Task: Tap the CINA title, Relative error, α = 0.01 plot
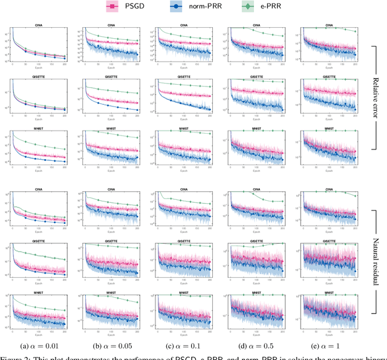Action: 37,25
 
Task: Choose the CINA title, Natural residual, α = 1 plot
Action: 330,189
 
